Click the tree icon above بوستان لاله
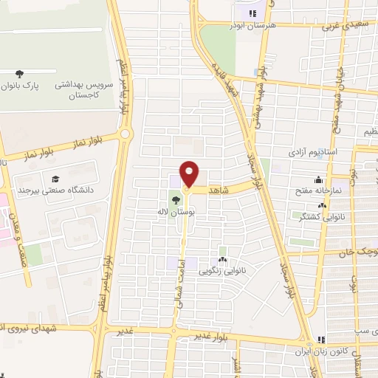(x=175, y=198)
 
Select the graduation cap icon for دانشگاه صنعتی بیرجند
(x=55, y=179)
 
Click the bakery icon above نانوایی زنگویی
(x=223, y=259)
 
